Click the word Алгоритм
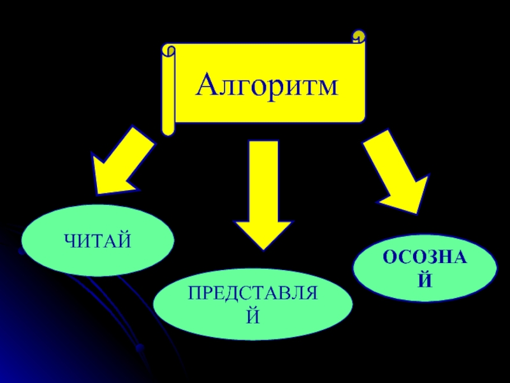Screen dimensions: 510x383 coord(266,86)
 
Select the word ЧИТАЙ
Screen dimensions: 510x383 coord(97,241)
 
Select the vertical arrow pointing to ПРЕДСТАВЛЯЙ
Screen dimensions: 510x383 coord(263,191)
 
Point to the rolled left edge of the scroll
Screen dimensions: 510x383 coord(168,89)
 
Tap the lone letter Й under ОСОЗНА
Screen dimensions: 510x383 coord(425,279)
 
